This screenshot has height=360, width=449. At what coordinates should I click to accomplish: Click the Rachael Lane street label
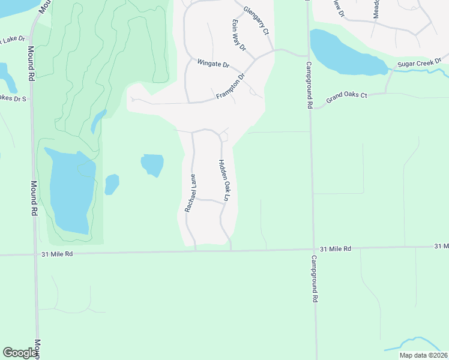190,193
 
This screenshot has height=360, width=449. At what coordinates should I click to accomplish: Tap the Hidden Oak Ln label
223,180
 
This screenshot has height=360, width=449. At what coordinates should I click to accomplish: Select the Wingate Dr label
214,63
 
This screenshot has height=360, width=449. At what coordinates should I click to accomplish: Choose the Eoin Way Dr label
239,34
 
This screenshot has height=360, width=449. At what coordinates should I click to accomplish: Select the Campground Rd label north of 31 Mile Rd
309,85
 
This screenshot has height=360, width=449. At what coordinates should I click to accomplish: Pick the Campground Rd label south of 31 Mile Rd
313,278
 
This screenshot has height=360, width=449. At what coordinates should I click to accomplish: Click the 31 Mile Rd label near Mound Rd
58,254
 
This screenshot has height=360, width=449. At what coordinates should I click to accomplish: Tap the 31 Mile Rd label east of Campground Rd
334,248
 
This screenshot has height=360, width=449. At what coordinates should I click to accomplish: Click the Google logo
20,352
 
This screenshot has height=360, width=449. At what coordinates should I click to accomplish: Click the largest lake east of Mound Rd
71,191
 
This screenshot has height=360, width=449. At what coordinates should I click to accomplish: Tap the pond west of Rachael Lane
152,164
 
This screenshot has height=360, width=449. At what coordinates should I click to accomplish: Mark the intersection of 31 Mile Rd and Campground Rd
313,250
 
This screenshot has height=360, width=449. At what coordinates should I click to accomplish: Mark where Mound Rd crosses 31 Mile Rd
35,254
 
